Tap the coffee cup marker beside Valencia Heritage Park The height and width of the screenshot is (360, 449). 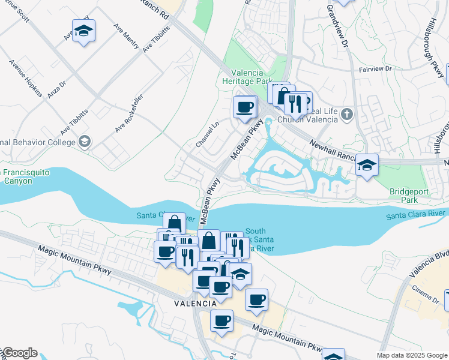coord(244,107)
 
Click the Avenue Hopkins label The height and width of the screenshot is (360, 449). coord(26,79)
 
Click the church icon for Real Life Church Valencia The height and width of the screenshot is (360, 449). coord(346,114)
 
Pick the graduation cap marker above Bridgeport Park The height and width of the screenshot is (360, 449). coord(366,165)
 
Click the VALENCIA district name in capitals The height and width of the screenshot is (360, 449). coord(195,304)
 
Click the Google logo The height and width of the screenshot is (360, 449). coord(19,353)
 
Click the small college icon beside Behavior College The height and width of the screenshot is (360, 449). coord(85,142)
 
